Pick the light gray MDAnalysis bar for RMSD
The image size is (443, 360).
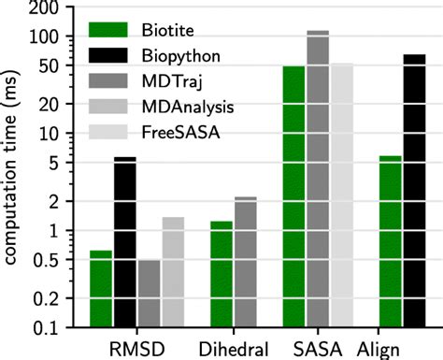pyautogui.click(x=173, y=271)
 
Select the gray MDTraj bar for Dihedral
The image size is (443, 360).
pyautogui.click(x=246, y=261)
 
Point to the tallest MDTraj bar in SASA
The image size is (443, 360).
pyautogui.click(x=319, y=178)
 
